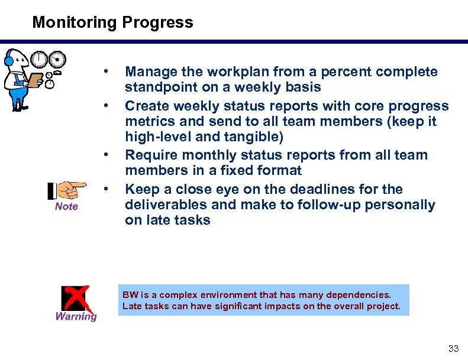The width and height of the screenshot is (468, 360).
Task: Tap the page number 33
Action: [x=453, y=348]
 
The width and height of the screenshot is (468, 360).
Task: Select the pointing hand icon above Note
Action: [x=67, y=190]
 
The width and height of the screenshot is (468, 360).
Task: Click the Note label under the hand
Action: [x=66, y=206]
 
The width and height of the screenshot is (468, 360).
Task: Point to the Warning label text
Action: [x=76, y=316]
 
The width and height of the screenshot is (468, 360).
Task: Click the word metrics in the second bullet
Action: [x=148, y=122]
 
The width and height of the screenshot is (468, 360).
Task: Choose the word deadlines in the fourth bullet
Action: [x=318, y=190]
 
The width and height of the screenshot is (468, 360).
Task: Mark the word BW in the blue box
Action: [x=128, y=294]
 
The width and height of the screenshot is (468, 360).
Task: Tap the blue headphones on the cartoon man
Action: [x=9, y=59]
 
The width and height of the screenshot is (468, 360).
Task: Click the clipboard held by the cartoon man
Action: [x=35, y=79]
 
